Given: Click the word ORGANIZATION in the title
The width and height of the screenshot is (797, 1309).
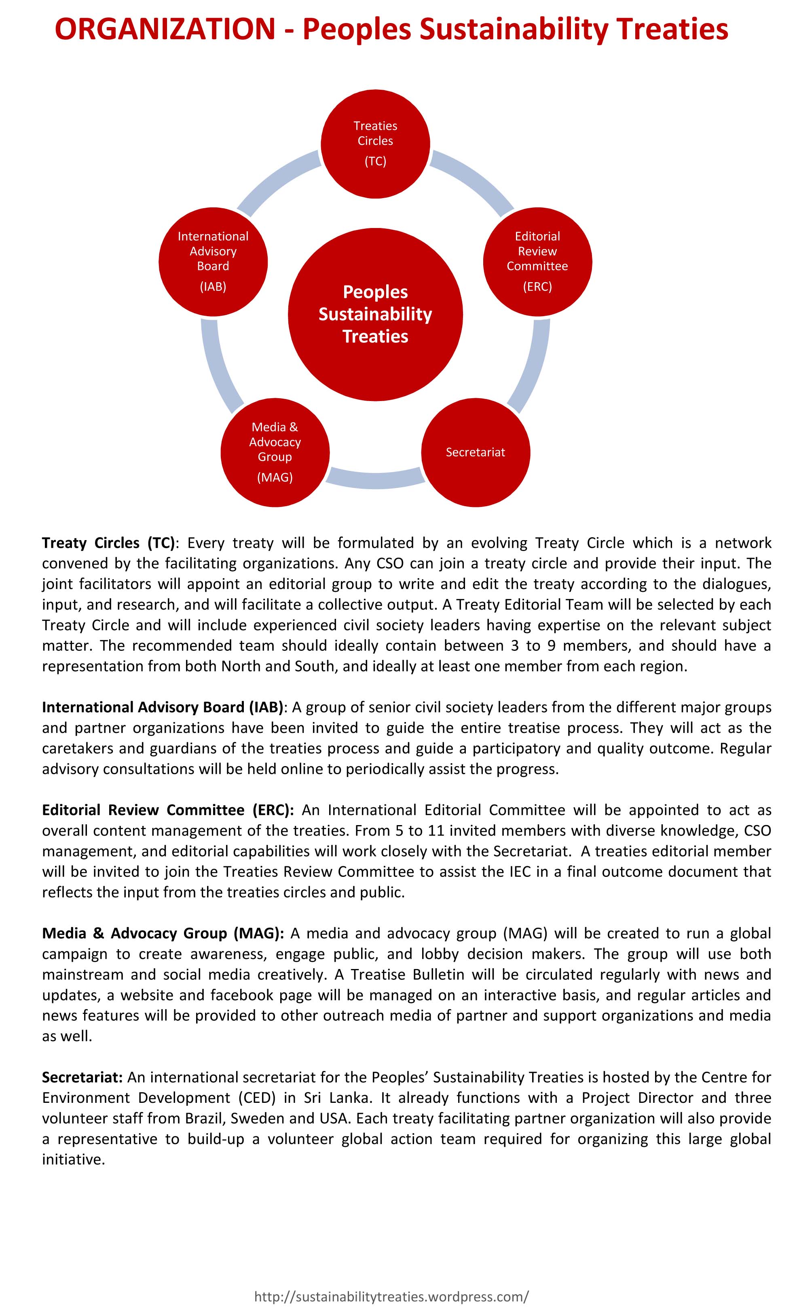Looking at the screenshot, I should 165,29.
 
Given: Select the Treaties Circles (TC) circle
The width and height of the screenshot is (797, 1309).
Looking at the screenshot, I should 375,144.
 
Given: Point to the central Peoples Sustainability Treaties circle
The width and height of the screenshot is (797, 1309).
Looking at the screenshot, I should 375,314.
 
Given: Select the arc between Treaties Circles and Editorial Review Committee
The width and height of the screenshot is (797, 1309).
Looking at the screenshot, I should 473,181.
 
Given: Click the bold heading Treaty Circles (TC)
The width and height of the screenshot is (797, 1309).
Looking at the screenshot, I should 108,543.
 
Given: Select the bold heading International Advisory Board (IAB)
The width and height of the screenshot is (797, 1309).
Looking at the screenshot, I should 163,707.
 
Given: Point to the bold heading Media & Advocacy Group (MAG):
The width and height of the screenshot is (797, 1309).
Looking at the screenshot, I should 163,933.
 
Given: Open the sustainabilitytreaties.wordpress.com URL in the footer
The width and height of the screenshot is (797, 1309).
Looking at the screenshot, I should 391,1292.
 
